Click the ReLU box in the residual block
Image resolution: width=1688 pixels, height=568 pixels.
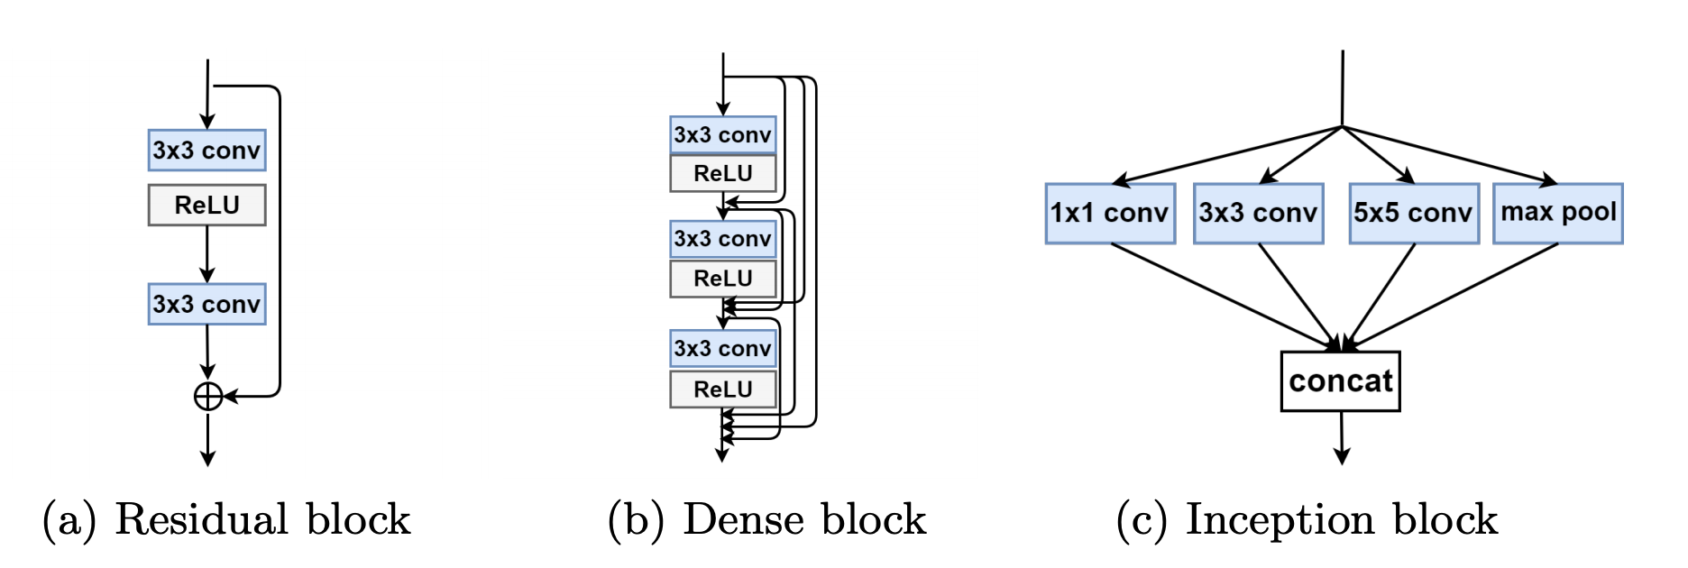(x=206, y=205)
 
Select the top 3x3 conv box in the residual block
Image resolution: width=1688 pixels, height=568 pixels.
(x=206, y=150)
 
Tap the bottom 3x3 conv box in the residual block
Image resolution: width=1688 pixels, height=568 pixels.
(x=206, y=304)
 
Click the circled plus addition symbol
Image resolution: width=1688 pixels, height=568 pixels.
(x=208, y=396)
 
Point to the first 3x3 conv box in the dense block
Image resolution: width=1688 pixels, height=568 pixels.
(x=722, y=135)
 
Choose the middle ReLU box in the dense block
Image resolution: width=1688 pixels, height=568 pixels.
(x=722, y=279)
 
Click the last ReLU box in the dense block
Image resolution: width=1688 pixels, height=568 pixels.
(x=722, y=389)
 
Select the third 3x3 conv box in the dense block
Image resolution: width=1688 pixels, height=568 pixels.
(x=722, y=348)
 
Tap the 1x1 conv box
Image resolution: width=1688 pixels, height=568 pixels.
(x=1109, y=213)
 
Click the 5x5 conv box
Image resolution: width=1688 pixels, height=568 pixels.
(x=1413, y=213)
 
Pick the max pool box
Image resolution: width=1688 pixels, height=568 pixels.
(x=1557, y=213)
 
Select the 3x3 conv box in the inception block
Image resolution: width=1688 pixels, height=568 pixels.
(x=1258, y=213)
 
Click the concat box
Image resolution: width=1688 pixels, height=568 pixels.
(x=1340, y=381)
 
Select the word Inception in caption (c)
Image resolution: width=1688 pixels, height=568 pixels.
(x=1280, y=520)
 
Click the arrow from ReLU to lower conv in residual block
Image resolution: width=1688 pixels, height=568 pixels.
(x=206, y=253)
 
